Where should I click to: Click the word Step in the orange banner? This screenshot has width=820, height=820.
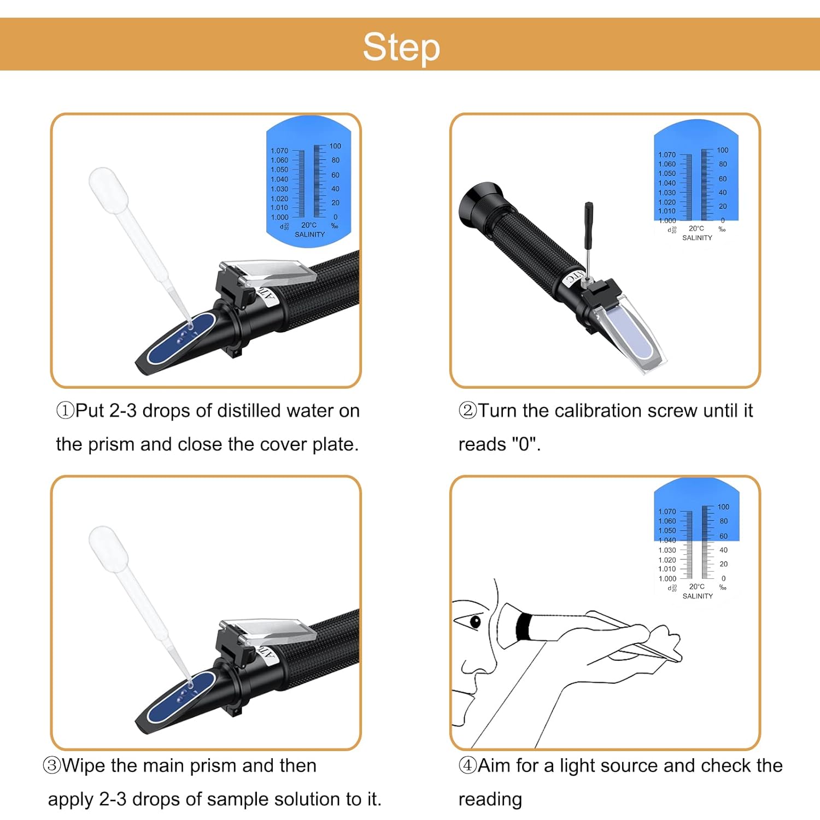[x=401, y=47]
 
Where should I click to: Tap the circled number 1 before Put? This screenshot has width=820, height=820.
[x=65, y=411]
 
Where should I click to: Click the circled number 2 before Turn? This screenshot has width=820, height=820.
[x=467, y=411]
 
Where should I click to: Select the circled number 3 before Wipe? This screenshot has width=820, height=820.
[x=52, y=765]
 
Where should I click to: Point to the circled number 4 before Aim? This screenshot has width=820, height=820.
[x=467, y=765]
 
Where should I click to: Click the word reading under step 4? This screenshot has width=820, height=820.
[x=490, y=799]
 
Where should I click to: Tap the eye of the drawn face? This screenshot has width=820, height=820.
[x=475, y=621]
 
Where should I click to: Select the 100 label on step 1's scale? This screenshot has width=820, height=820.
[x=335, y=147]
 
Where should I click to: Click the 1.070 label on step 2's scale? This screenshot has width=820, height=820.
[x=666, y=155]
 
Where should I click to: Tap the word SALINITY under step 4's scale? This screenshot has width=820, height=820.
[x=698, y=596]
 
